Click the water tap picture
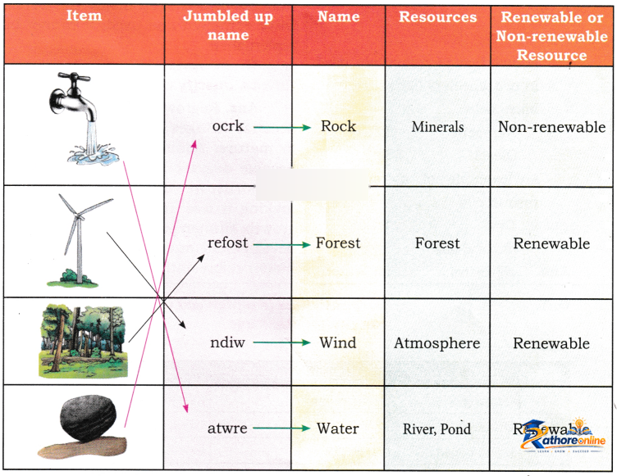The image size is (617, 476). [x=84, y=118]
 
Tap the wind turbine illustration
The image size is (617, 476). [x=80, y=240]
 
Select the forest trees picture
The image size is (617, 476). [x=84, y=341]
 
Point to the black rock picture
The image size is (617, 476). [x=83, y=427]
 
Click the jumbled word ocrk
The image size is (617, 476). [x=228, y=126]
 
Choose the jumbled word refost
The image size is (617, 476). [x=228, y=243]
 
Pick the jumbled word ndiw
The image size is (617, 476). [x=227, y=342]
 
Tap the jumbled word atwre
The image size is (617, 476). [x=227, y=428]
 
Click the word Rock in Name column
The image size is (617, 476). [x=338, y=126]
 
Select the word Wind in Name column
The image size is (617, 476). [x=337, y=342]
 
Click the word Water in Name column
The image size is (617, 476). [x=337, y=428]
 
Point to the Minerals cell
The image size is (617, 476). [x=437, y=127]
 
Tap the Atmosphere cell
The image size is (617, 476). [x=437, y=343]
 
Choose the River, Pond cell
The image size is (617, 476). [x=436, y=428]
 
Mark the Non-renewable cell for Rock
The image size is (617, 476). [x=551, y=127]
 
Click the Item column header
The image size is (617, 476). [x=84, y=16]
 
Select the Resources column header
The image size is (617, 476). [x=437, y=17]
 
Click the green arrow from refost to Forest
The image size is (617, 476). [x=281, y=244]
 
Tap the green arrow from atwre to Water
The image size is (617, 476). [x=281, y=428]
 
